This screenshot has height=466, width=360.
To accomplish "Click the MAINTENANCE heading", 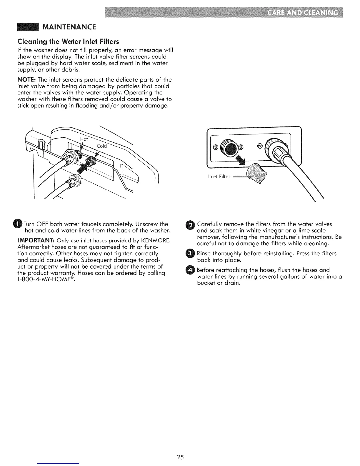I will [69, 27].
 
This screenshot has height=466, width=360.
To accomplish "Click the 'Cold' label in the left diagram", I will [102, 146].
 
